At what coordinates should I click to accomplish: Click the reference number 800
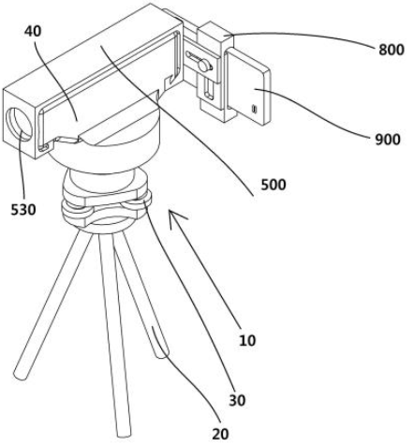[x=392, y=50]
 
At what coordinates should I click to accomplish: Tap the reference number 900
[x=388, y=140]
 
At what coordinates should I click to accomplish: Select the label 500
[x=274, y=185]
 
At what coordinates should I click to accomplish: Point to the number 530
[x=23, y=210]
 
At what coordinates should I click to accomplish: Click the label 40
[x=33, y=31]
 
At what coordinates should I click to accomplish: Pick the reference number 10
[x=247, y=340]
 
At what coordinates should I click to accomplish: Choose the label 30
[x=237, y=400]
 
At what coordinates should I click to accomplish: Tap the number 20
[x=220, y=434]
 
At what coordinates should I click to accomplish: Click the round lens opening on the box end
[x=19, y=124]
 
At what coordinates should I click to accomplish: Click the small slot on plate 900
[x=255, y=109]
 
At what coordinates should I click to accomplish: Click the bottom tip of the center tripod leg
[x=124, y=434]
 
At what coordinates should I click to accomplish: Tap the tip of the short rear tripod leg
[x=162, y=354]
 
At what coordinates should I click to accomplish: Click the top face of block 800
[x=215, y=29]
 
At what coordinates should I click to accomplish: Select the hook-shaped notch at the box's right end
[x=171, y=81]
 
